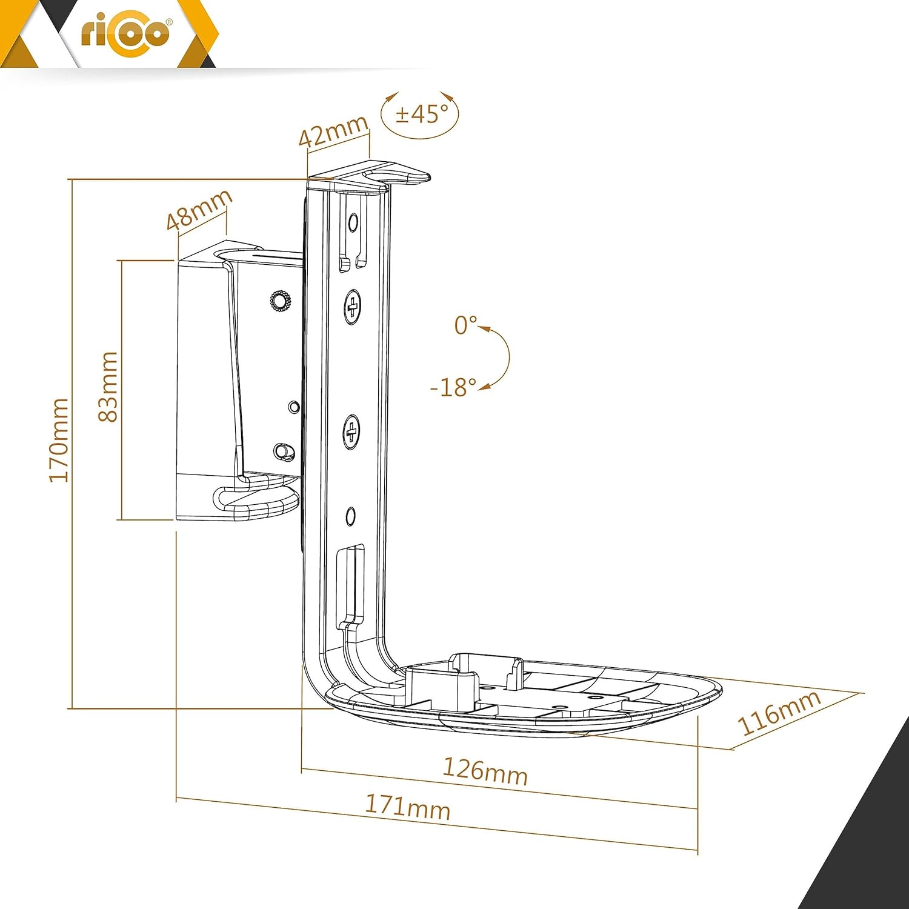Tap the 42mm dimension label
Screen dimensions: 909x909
point(333,130)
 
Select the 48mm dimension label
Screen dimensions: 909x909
point(199,209)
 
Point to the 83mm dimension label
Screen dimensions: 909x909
point(107,387)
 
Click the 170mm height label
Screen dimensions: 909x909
point(59,441)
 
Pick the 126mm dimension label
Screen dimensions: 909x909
point(485,771)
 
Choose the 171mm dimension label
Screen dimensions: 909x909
point(407,807)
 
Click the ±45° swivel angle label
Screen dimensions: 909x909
point(422,113)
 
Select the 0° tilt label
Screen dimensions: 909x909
point(465,325)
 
